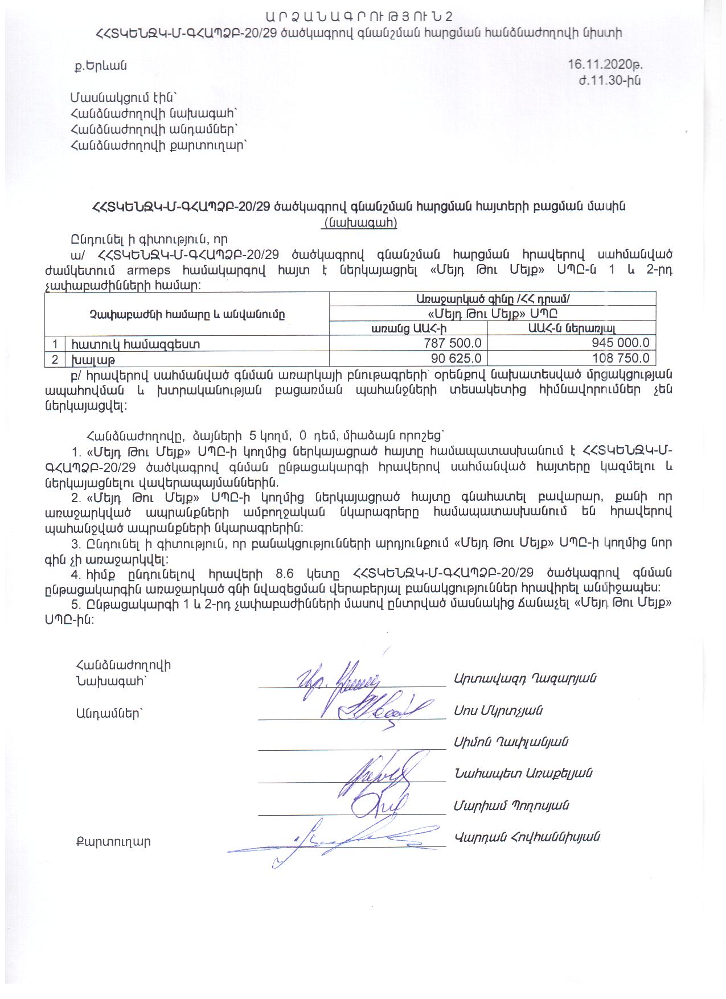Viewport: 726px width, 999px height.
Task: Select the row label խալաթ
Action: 87,359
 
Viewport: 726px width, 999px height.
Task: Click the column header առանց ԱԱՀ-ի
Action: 408,328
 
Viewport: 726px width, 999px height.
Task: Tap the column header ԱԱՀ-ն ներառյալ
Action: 572,328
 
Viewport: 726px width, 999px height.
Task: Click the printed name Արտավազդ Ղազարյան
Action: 525,678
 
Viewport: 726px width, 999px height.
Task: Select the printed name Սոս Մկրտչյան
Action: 498,710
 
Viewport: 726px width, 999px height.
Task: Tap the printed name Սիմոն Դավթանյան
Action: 511,742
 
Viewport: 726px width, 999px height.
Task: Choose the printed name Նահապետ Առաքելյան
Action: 523,773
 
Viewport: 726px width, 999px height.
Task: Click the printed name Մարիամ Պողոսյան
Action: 511,805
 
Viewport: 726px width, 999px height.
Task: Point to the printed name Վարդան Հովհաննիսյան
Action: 527,837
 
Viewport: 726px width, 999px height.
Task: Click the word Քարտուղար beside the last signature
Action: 113,842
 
